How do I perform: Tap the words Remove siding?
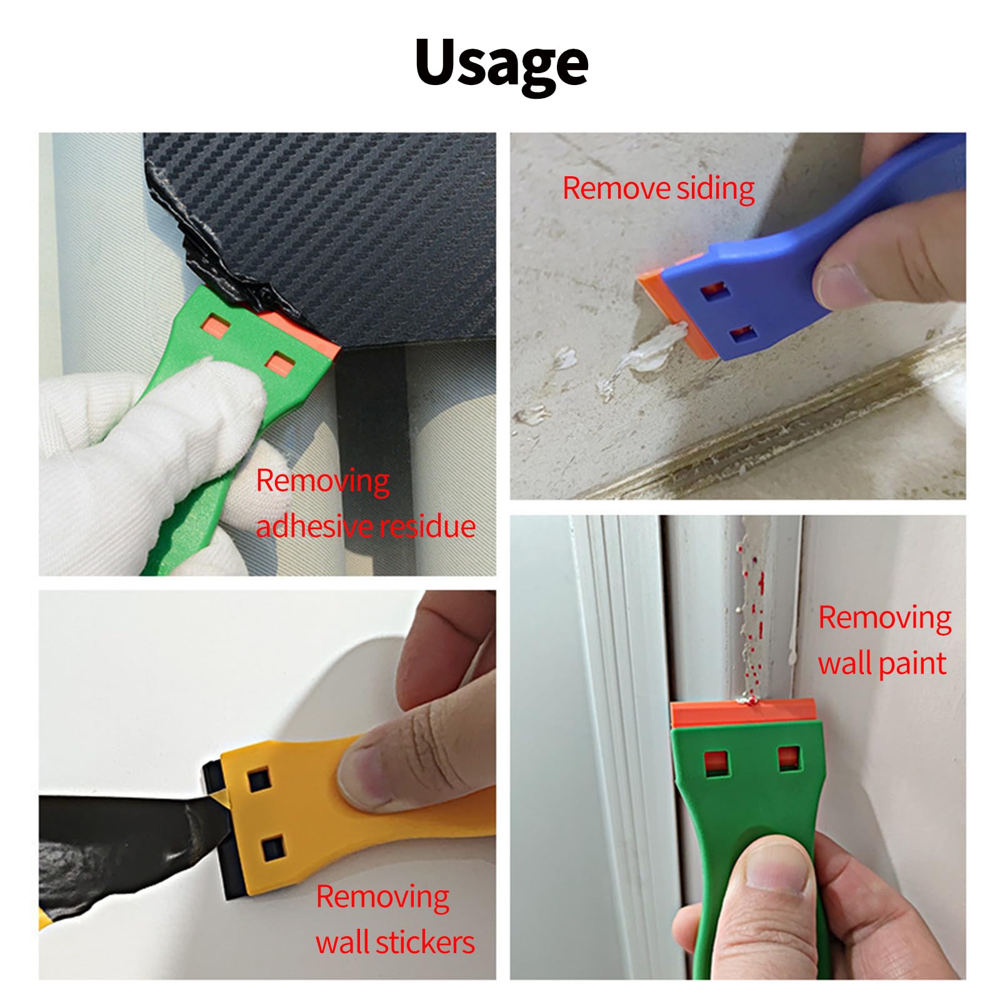658,189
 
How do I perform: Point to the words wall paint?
882,663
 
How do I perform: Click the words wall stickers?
395,942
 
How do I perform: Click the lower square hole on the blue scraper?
744,334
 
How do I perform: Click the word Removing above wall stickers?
382,897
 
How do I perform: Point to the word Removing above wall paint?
885,618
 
